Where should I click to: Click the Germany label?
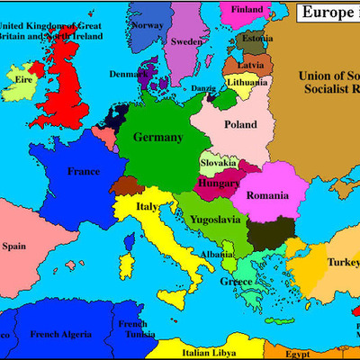click(157, 138)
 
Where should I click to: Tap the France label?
click(83, 170)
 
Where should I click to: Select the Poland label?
click(240, 124)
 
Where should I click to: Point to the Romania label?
click(268, 195)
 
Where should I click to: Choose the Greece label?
click(236, 281)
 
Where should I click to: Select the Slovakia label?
click(219, 163)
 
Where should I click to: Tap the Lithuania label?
click(247, 82)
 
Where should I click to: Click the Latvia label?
click(249, 65)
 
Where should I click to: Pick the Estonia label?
click(256, 39)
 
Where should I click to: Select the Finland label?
click(248, 10)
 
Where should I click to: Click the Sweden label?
click(187, 41)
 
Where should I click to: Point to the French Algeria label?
click(61, 334)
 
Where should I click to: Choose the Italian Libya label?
click(210, 353)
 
